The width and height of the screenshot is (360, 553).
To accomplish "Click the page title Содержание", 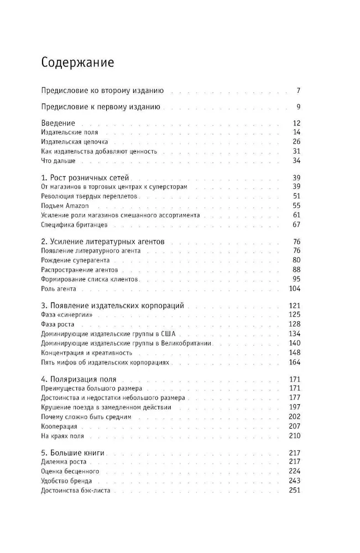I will pyautogui.click(x=77, y=62).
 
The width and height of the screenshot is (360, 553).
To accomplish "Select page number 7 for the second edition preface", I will pyautogui.click(x=298, y=90).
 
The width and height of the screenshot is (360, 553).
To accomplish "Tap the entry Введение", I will pyautogui.click(x=58, y=123).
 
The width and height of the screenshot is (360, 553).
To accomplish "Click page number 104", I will pyautogui.click(x=294, y=289).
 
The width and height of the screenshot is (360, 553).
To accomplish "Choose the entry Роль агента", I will pyautogui.click(x=59, y=289).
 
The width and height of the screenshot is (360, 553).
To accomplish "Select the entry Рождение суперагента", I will pyautogui.click(x=75, y=260).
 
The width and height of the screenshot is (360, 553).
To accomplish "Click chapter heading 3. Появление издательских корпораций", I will pyautogui.click(x=113, y=305).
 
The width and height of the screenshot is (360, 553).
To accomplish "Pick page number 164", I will pyautogui.click(x=294, y=362).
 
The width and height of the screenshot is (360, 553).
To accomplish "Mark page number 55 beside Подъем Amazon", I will pyautogui.click(x=296, y=205).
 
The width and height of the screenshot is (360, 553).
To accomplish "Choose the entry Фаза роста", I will pyautogui.click(x=57, y=324).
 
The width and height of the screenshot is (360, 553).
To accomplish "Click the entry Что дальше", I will pyautogui.click(x=58, y=161).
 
